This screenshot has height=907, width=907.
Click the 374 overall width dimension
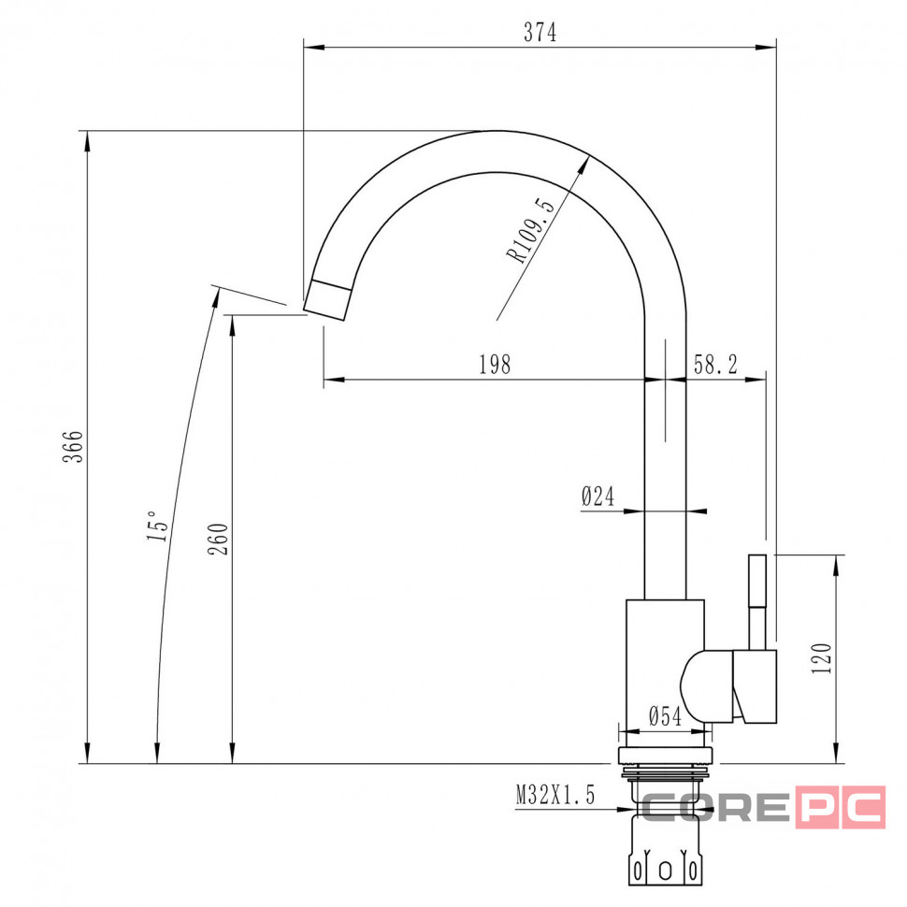pos(540,33)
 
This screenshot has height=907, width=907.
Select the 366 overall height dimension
pos(74,447)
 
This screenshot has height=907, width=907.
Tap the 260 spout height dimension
pos(219,540)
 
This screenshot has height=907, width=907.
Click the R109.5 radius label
pos(530,230)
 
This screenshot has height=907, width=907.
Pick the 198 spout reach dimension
pos(496,365)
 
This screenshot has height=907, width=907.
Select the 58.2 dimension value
pos(715,365)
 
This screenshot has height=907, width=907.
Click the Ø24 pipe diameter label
pos(598,497)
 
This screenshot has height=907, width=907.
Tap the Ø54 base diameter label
pos(665,716)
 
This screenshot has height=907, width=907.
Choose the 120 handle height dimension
pos(821,658)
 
